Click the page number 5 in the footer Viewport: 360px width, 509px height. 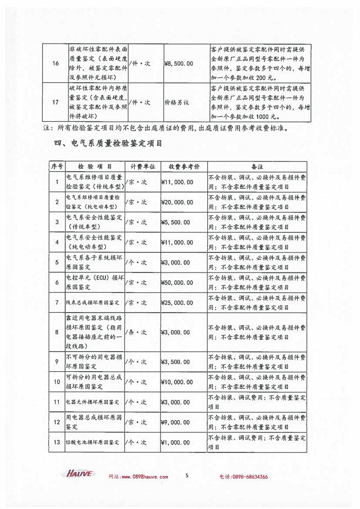[187, 475]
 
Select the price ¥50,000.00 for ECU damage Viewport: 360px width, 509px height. [177, 282]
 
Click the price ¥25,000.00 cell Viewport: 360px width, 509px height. [177, 302]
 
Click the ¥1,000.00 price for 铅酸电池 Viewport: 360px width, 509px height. [176, 442]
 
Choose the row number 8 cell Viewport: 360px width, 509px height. [57, 332]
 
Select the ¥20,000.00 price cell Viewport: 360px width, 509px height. [177, 202]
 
